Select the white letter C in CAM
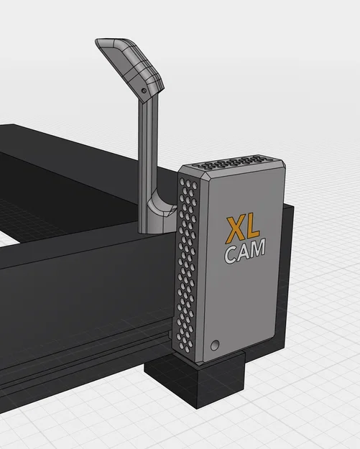(230, 253)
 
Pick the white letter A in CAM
(244, 251)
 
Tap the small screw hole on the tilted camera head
(144, 91)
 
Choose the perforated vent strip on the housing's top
(244, 161)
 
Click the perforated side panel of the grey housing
(187, 266)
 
